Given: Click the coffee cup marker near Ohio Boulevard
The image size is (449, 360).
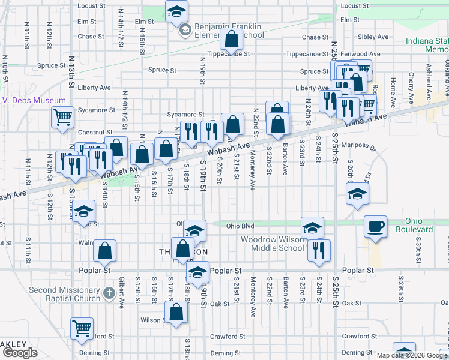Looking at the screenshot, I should point(376,227).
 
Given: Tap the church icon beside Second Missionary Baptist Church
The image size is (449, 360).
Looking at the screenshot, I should point(108,293).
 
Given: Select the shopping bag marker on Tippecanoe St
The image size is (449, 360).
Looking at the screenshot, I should point(231,40).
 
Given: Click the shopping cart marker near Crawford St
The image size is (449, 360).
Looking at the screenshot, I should point(82,328).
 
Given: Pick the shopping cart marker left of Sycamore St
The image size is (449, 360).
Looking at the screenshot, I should point(62,117).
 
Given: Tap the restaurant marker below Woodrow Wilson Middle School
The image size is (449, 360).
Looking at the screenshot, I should point(319,250).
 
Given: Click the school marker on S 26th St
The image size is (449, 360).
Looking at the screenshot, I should point(357,193).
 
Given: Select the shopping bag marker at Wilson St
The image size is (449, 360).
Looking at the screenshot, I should point(176,312).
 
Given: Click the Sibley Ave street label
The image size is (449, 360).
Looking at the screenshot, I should point(373,37).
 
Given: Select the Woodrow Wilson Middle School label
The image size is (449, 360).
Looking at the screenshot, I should point(273,244).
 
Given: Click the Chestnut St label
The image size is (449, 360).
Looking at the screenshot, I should point(96,132).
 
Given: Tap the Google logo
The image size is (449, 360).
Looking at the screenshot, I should point(20,353).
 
